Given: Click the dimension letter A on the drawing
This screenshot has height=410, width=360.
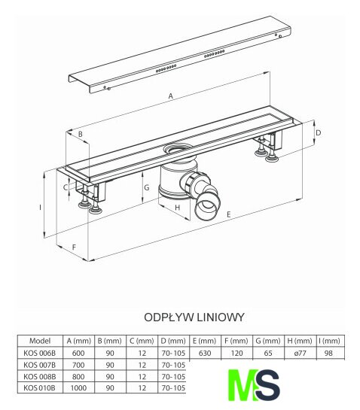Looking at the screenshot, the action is coord(171,96).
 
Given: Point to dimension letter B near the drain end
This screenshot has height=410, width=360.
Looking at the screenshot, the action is coord(81,134).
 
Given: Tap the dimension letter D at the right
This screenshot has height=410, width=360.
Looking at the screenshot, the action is coord(319,133).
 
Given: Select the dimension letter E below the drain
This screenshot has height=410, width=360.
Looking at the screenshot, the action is coord(228,214).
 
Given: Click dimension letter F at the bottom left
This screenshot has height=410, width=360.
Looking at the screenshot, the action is coord(74,247).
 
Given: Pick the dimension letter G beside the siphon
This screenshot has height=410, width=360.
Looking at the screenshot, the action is coord(147,187).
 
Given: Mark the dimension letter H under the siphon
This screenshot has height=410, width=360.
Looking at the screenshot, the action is coord(178,208).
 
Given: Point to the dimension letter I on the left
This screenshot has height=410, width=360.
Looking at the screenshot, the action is coord(41,208).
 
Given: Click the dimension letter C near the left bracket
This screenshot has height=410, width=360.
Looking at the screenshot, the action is coord(66,187).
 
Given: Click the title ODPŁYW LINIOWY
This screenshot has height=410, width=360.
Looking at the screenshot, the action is coord(194,317).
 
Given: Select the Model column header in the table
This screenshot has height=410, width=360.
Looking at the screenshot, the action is coord(40,341).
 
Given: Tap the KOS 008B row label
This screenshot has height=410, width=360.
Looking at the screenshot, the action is coord(39,376).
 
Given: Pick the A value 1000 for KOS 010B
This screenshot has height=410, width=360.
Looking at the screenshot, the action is coord(78,387).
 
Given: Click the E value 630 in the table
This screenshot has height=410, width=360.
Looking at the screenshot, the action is coord(205,354).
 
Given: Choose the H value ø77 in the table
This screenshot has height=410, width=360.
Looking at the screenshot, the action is coord(300,354).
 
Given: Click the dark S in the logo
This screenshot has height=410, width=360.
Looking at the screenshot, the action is coord(267,385).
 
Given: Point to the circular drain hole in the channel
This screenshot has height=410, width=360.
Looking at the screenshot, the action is coord(178,149).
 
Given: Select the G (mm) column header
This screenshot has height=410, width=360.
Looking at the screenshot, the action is coord(268,341).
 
